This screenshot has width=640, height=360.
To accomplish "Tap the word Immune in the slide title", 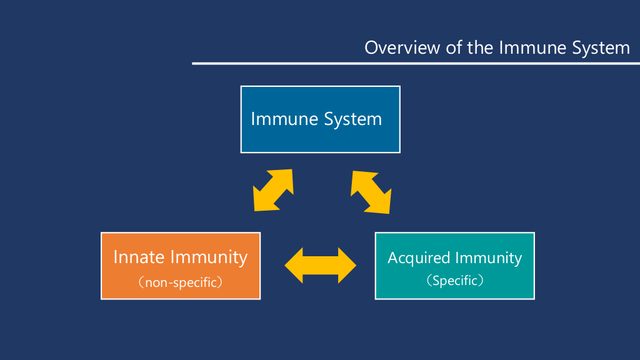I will click(530, 47).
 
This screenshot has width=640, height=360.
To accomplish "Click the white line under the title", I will click(416, 63).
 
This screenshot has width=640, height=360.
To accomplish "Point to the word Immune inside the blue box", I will click(284, 119).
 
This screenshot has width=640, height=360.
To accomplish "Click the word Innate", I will click(139, 257).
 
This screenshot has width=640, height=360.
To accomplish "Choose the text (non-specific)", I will click(180, 282).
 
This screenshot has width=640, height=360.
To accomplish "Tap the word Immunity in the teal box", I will click(488, 258).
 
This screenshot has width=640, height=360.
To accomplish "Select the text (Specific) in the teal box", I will click(454, 281).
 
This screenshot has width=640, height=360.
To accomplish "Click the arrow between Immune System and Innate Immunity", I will click(273, 189).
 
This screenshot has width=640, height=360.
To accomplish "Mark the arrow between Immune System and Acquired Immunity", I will click(371, 191).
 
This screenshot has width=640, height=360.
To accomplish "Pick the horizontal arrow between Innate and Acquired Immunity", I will click(320, 266).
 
